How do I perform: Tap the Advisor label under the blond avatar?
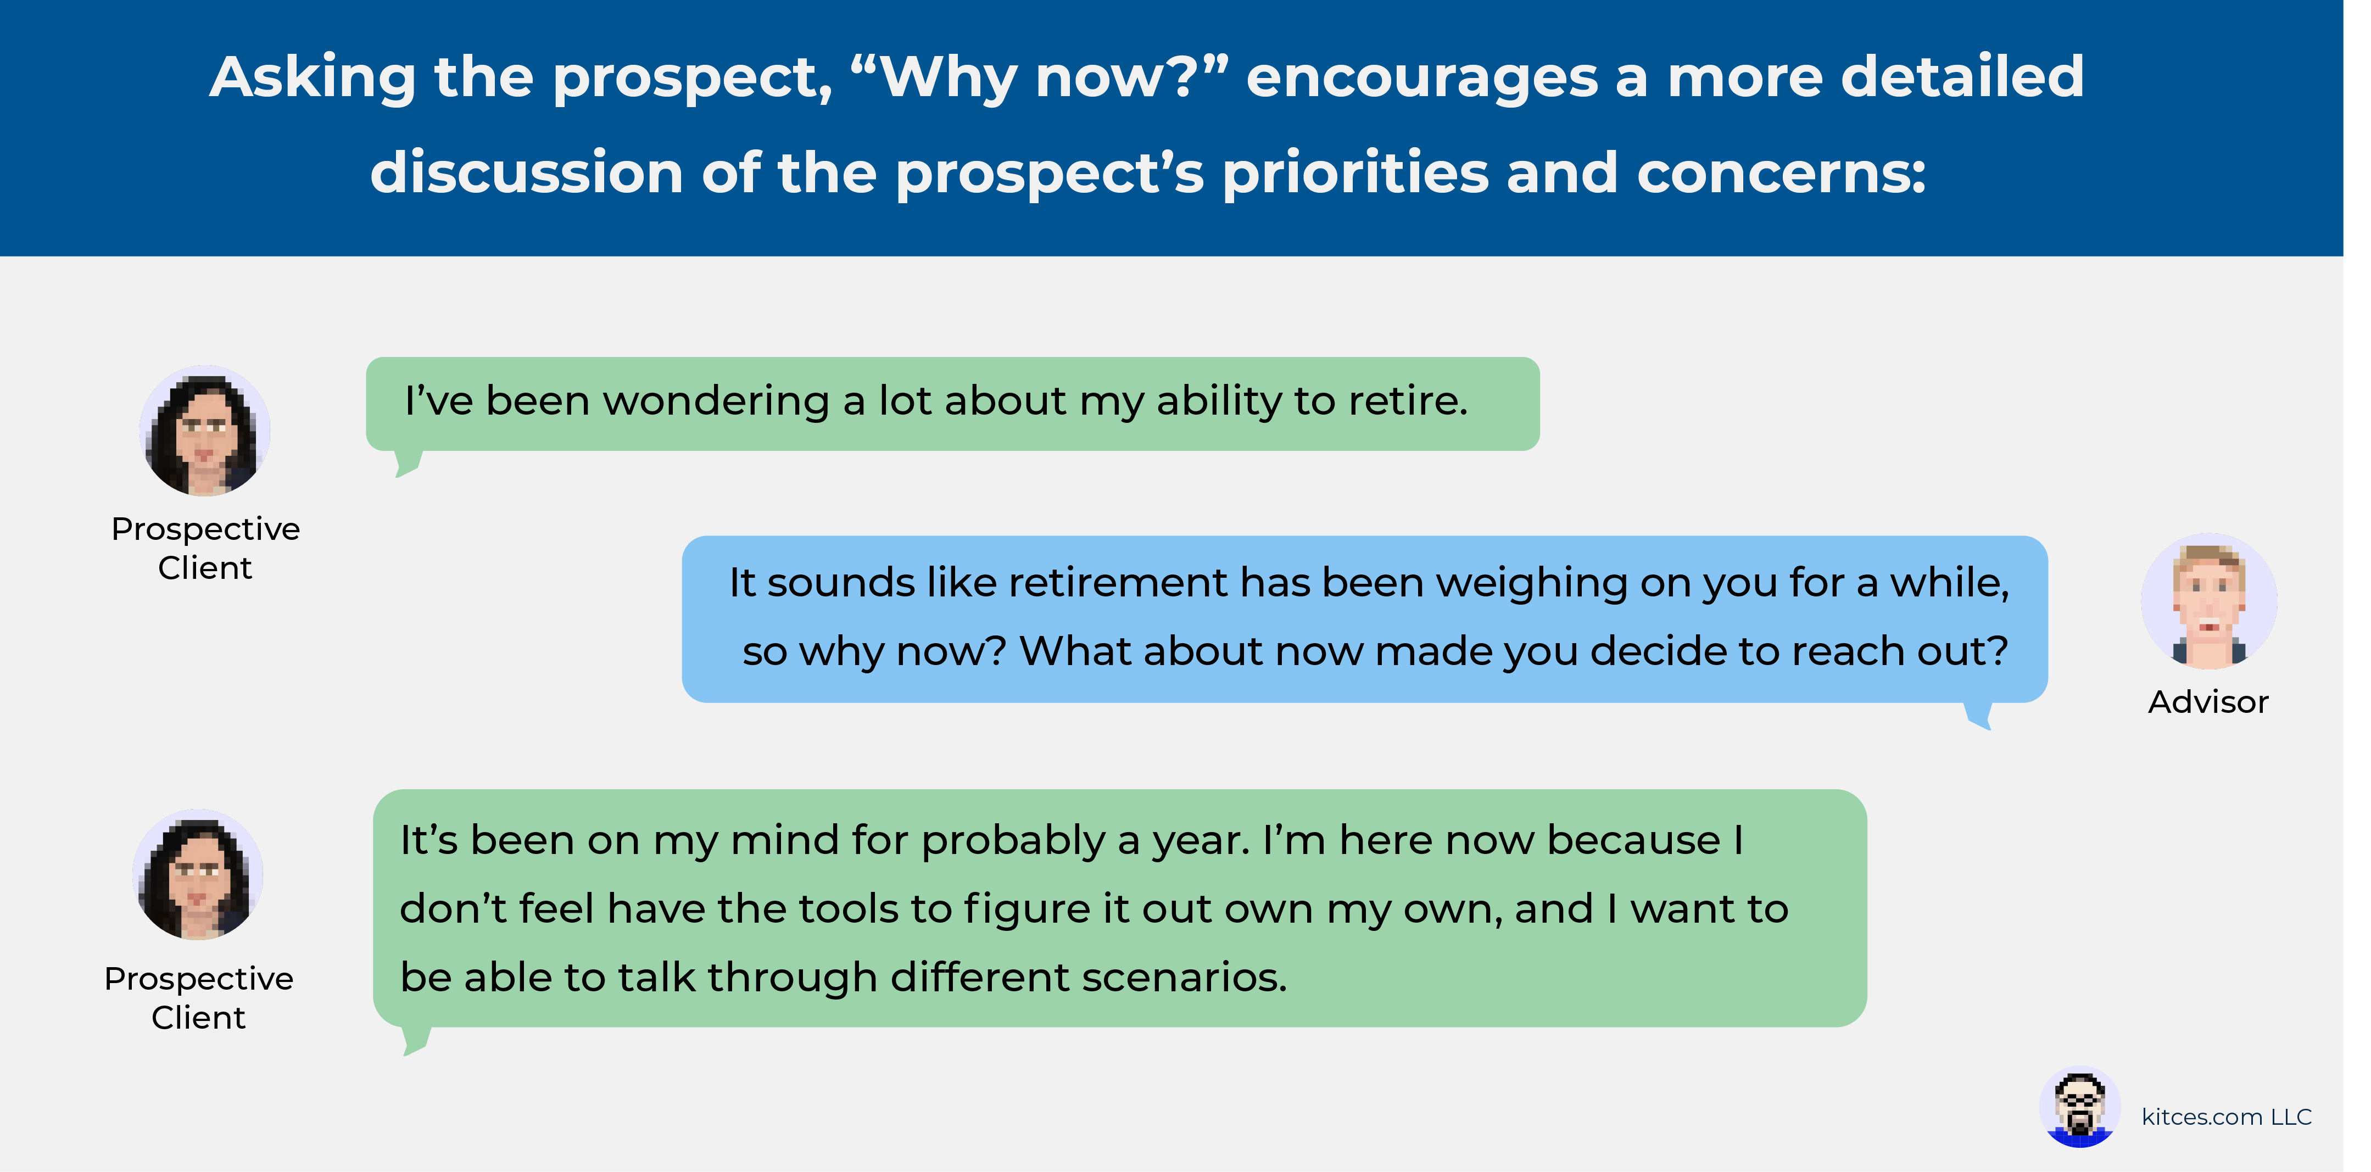[x=2208, y=702]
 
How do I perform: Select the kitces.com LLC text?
[x=2227, y=1117]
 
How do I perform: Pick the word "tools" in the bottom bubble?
[x=847, y=909]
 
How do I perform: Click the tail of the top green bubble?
[x=408, y=463]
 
